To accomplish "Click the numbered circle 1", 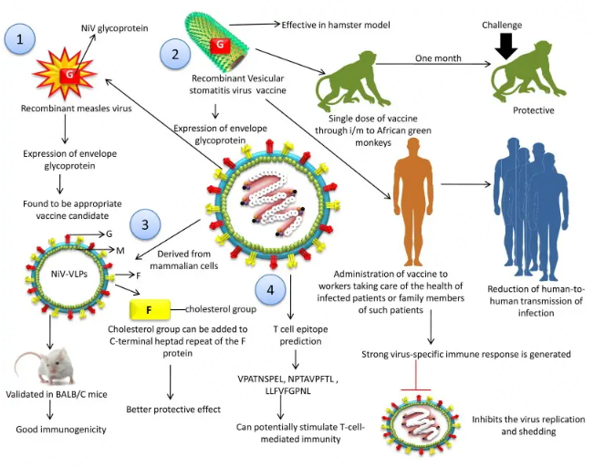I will pos(20,40).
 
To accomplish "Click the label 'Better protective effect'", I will pos(172,409).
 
